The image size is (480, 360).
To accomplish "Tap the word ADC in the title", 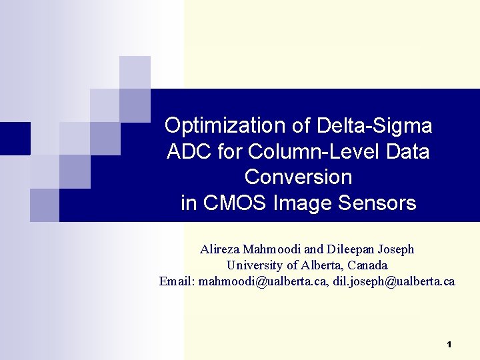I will point(189,151).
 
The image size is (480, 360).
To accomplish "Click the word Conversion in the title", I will point(298,177).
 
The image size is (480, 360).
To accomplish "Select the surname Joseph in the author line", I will point(396,249).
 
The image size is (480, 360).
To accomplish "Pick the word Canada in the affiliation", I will point(367,265).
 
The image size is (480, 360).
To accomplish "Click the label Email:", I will point(177,281).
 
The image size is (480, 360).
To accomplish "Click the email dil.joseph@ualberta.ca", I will point(395,281).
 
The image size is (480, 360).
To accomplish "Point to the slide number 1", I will point(449,345).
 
